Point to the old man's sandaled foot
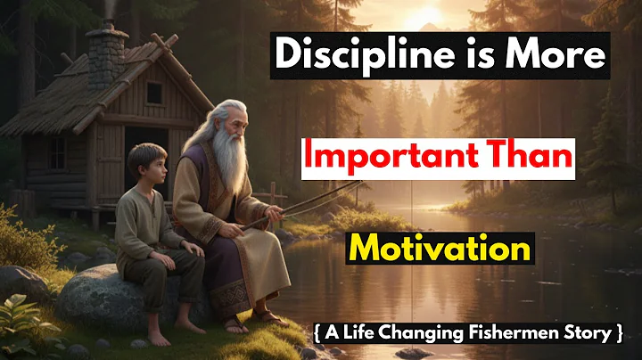coord(265,315)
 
